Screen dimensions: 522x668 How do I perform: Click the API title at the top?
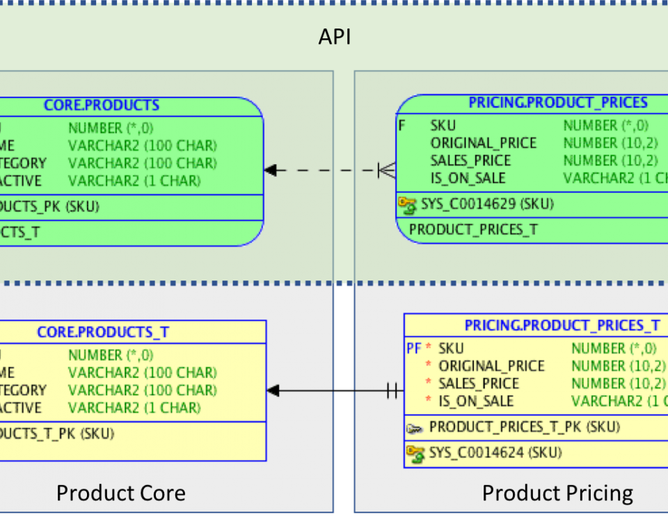click(335, 37)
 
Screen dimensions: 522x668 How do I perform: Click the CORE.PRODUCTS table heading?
click(102, 106)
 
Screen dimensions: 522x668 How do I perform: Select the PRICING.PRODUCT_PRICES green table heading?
click(558, 103)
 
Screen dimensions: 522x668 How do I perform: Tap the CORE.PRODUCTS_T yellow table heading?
click(103, 332)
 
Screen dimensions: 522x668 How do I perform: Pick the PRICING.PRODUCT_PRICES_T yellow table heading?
click(562, 326)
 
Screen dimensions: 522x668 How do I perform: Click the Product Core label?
click(120, 493)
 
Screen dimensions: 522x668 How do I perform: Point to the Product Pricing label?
click(557, 493)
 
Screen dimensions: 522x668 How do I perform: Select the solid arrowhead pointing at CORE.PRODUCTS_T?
click(273, 391)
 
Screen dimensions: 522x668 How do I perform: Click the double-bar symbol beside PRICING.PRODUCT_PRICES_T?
click(393, 391)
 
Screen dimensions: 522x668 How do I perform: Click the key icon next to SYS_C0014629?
click(406, 204)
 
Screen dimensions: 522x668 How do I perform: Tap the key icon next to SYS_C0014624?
click(415, 454)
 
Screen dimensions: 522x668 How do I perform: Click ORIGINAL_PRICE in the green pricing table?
click(484, 143)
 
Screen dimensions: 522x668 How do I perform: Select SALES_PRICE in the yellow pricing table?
click(478, 383)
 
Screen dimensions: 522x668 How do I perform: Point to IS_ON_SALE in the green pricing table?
click(468, 178)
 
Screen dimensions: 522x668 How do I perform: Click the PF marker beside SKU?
click(413, 348)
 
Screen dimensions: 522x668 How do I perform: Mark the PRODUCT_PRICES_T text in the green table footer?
click(473, 230)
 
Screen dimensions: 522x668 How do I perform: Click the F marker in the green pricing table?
click(401, 126)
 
